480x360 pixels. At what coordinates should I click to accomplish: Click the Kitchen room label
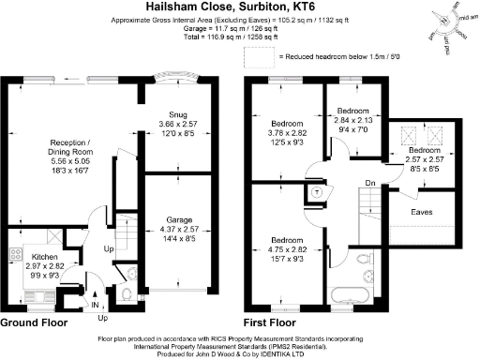coord(46,256)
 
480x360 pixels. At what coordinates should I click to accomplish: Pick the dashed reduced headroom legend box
coord(254,58)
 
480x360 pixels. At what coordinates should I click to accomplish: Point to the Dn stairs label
coord(371,183)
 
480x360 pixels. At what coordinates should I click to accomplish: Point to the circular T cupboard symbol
coord(316,192)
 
